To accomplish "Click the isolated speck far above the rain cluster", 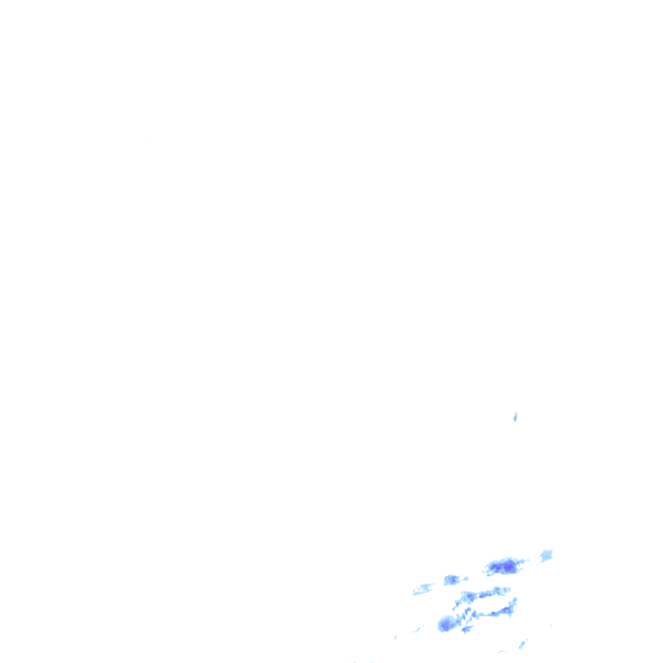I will (x=515, y=418).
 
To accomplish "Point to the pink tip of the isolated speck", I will (x=515, y=414).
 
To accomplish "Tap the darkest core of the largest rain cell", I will (x=508, y=567).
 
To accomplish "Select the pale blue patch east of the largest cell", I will (x=546, y=555).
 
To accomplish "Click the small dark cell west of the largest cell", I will (x=451, y=579).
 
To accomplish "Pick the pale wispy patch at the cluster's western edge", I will (x=422, y=589).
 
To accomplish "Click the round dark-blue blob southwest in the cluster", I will (x=445, y=623).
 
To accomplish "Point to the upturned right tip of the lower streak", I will (x=514, y=601).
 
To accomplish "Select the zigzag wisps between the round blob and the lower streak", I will (x=467, y=615).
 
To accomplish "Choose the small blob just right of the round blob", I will (x=466, y=628).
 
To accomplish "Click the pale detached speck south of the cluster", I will (x=522, y=643).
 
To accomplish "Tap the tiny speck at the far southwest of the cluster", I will (x=396, y=637).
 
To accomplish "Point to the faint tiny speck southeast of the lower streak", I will (x=550, y=625).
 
